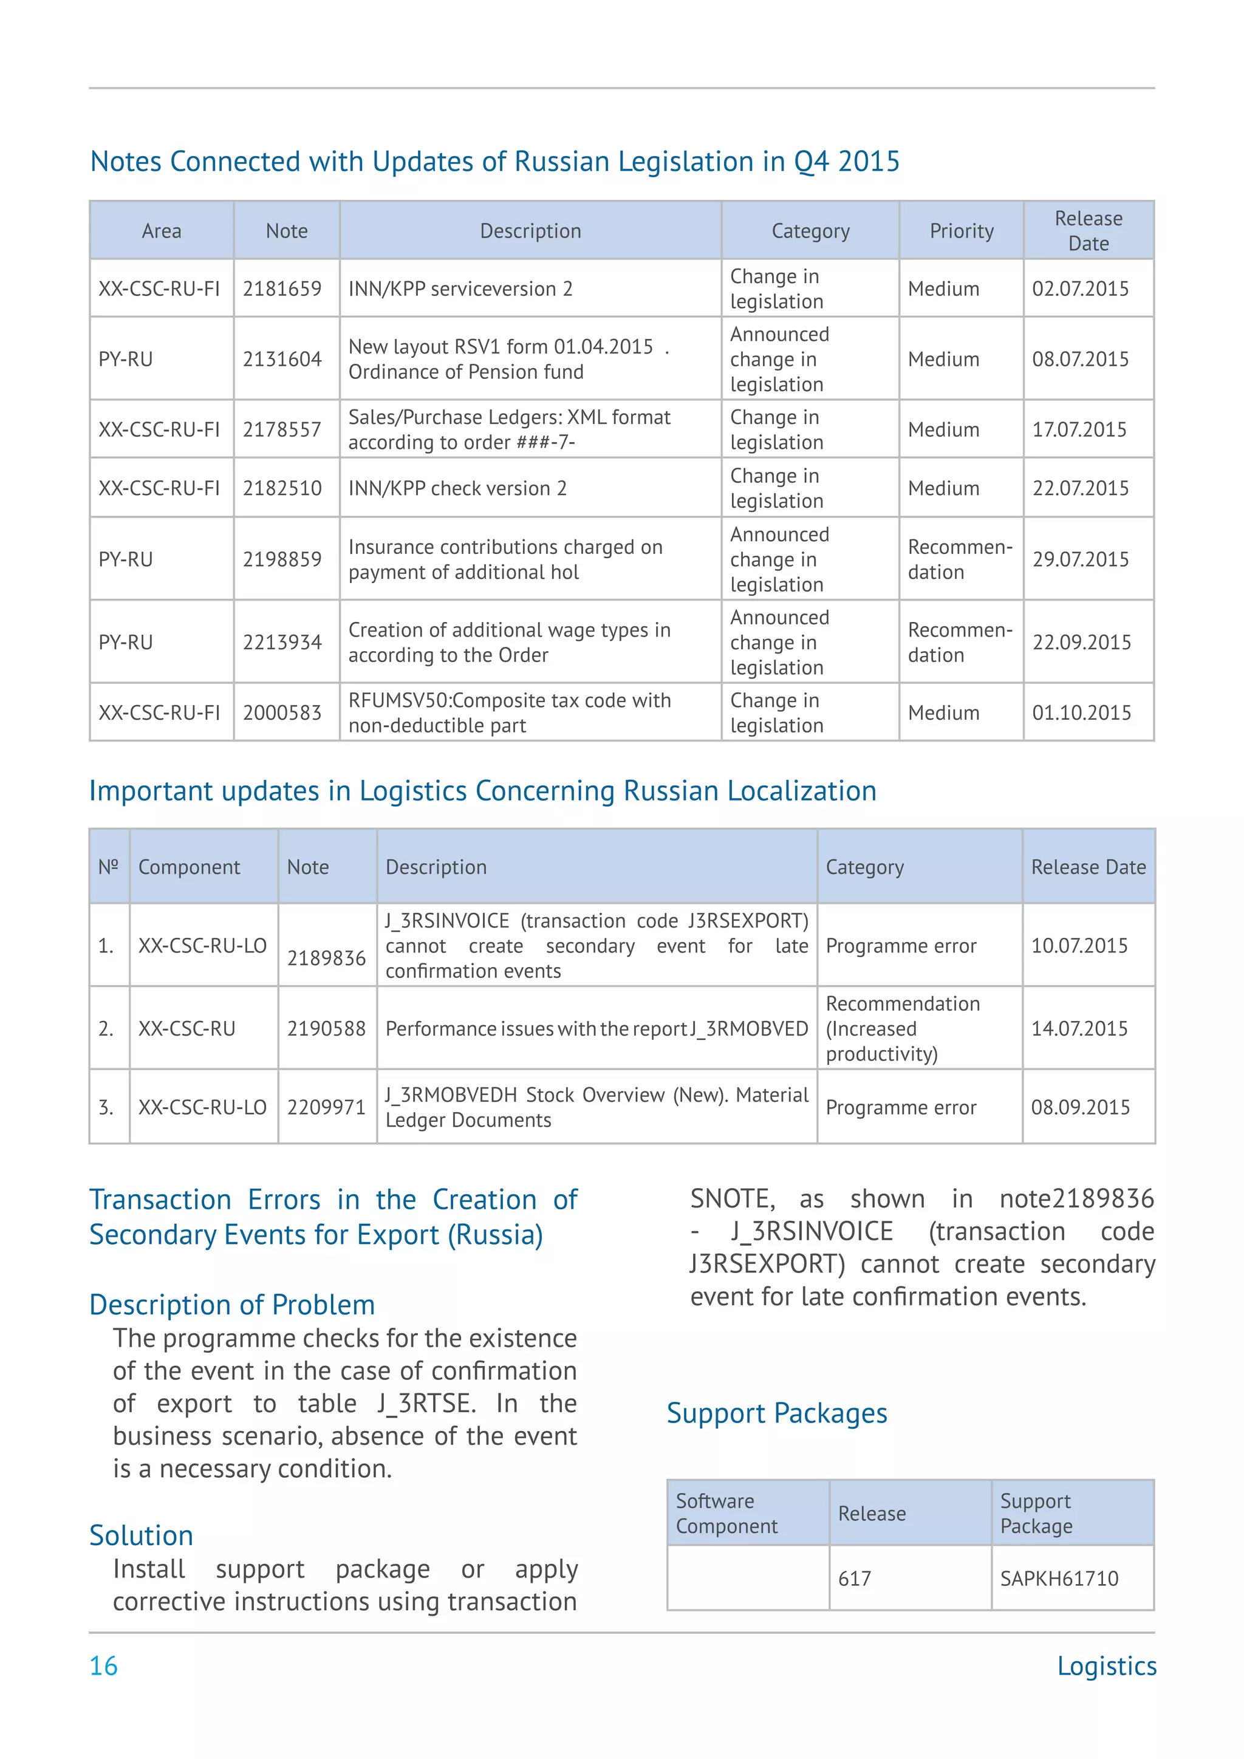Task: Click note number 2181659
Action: tap(282, 289)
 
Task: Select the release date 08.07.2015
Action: tap(1080, 360)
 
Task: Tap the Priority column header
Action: tap(962, 231)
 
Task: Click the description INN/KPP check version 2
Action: tap(457, 488)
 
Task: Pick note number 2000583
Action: tap(282, 713)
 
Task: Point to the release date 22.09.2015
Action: tap(1081, 642)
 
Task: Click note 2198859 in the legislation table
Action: tap(282, 559)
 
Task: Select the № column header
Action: tap(108, 867)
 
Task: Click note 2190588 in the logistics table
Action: tap(326, 1029)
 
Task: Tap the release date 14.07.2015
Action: tap(1079, 1029)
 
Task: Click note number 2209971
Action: tap(326, 1108)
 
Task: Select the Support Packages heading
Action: tap(777, 1413)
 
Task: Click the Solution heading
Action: tap(141, 1536)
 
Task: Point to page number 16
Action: tap(103, 1666)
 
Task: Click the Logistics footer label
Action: tap(1106, 1666)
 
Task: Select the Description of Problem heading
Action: tap(232, 1305)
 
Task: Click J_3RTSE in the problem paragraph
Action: tap(425, 1404)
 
